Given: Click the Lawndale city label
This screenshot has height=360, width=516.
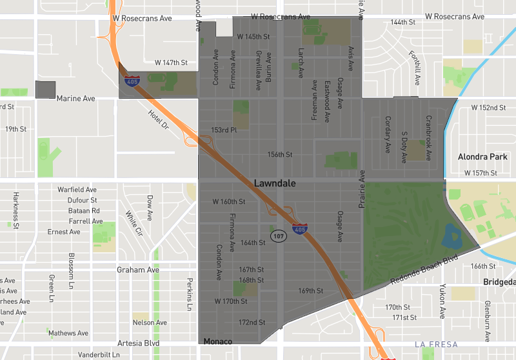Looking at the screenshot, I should [x=275, y=183].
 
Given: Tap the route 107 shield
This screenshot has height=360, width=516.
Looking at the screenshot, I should [x=279, y=236].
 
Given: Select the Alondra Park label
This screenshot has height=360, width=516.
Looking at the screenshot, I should [x=482, y=157].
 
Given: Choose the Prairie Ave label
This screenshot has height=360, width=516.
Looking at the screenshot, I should [x=362, y=189].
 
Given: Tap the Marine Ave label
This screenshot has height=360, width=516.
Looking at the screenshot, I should [x=75, y=99].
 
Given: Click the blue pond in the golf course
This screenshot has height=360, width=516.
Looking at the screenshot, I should [x=452, y=237].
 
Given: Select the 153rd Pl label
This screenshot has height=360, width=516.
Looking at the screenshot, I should [x=224, y=130].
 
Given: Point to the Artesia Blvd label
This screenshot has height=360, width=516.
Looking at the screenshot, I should [x=138, y=343].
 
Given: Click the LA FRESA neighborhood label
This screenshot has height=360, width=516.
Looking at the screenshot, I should [x=437, y=345].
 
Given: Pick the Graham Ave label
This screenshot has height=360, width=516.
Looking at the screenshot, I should [x=137, y=270].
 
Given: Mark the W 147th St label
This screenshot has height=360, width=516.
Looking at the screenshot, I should [x=171, y=63].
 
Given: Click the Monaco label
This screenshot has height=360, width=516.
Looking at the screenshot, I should [x=217, y=341].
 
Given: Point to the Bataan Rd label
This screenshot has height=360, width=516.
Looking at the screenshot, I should [x=83, y=210].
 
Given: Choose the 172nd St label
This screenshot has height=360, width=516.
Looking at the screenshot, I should [x=252, y=322].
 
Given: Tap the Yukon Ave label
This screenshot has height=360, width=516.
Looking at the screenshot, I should [x=442, y=301].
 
